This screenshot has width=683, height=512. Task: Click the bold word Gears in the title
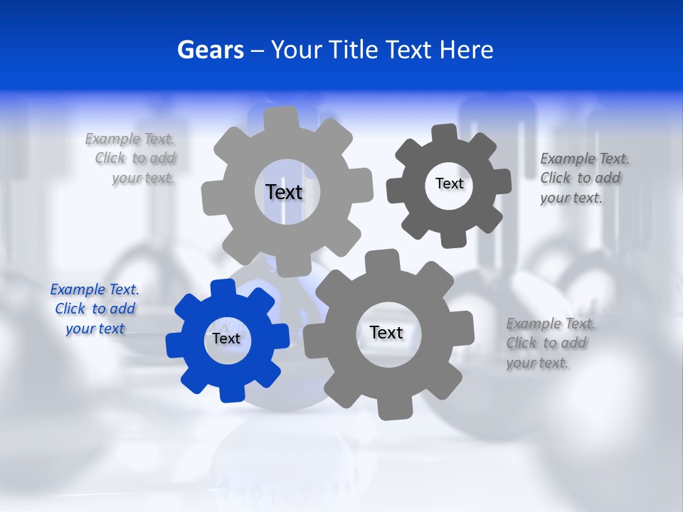click(x=210, y=50)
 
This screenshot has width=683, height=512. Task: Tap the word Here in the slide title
click(x=466, y=50)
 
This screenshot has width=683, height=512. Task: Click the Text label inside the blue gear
click(x=226, y=338)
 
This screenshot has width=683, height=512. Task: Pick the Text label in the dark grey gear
click(x=449, y=183)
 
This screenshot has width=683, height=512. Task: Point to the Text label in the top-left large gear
click(x=284, y=192)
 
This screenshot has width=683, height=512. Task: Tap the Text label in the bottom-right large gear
click(x=386, y=332)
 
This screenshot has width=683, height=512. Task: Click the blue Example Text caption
click(x=95, y=309)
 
